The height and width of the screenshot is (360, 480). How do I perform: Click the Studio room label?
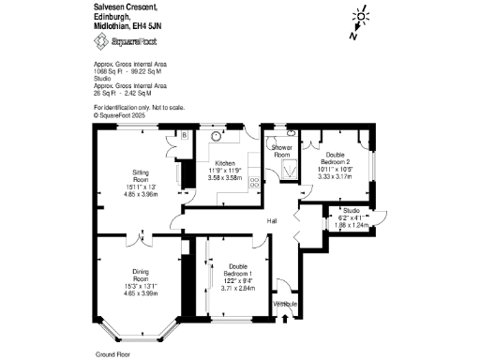pyautogui.click(x=351, y=210)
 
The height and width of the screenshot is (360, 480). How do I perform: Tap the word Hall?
pyautogui.click(x=272, y=220)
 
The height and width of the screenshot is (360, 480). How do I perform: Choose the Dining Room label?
pyautogui.click(x=141, y=279)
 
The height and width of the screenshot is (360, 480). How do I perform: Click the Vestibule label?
pyautogui.click(x=285, y=305)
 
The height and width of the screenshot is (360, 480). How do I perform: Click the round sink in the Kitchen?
pyautogui.click(x=217, y=135)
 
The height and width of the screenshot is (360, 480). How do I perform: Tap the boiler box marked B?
pyautogui.click(x=186, y=135)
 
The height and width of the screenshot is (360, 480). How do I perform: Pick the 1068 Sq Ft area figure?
pyautogui.click(x=109, y=70)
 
